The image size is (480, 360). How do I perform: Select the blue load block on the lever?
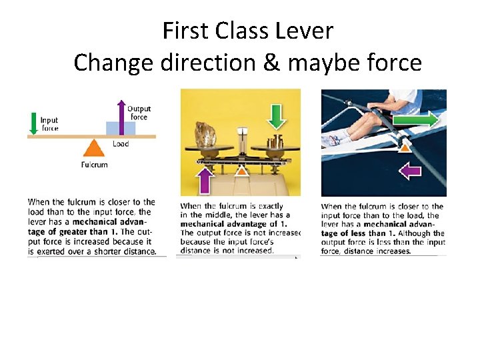pyautogui.click(x=121, y=128)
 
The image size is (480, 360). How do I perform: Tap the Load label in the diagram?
pyautogui.click(x=121, y=144)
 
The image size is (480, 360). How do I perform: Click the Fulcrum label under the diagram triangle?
pyautogui.click(x=94, y=165)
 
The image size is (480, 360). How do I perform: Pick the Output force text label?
pyautogui.click(x=139, y=113)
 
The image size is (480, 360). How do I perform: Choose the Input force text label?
pyautogui.click(x=49, y=124)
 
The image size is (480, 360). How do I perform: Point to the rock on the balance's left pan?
pyautogui.click(x=204, y=134)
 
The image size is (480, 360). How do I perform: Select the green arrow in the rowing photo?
pyautogui.click(x=414, y=119)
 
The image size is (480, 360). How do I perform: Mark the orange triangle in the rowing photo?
pyautogui.click(x=404, y=147)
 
